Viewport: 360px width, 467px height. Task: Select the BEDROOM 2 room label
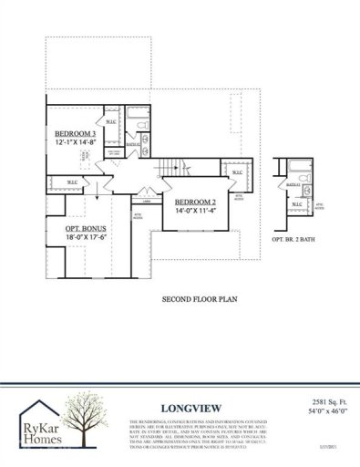[195, 202]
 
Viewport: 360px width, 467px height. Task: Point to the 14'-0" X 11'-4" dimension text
[195, 211]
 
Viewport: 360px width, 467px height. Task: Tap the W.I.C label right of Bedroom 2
[236, 171]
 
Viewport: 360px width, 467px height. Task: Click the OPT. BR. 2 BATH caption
[295, 238]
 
